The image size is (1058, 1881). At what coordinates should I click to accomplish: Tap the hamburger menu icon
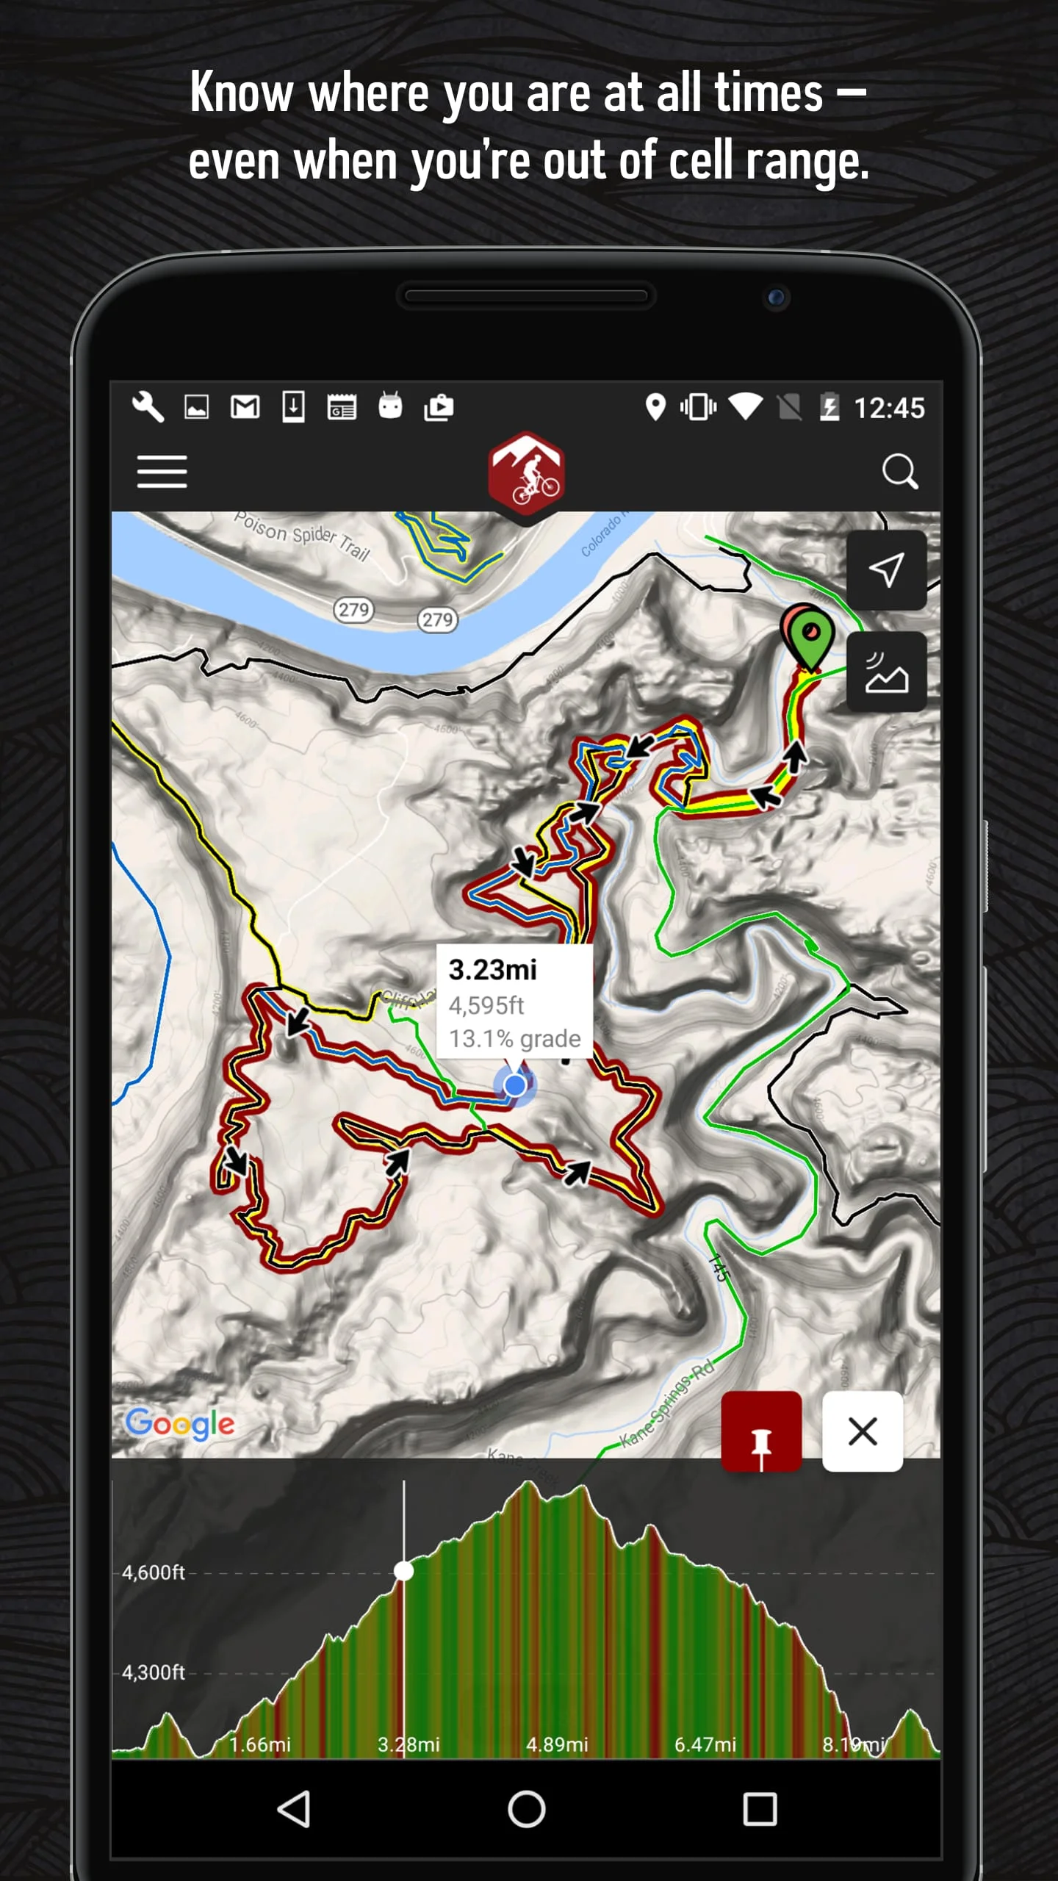click(x=162, y=471)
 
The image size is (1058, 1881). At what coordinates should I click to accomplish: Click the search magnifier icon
click(x=899, y=471)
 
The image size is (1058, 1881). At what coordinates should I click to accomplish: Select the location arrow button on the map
click(x=886, y=570)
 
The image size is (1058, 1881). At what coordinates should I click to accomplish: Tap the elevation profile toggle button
click(x=886, y=672)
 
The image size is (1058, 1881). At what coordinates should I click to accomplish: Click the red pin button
click(x=761, y=1431)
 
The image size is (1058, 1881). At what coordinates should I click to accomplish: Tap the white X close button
click(x=863, y=1431)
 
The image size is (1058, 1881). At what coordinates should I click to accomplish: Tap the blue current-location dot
click(x=515, y=1085)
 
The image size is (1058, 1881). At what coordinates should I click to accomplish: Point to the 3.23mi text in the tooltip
click(x=493, y=970)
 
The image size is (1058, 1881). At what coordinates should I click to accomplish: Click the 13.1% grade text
click(x=515, y=1039)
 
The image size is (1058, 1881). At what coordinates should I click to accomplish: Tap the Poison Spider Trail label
click(x=302, y=536)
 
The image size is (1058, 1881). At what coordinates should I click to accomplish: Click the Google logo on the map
click(x=180, y=1424)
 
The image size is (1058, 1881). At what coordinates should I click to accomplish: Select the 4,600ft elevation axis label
click(x=154, y=1572)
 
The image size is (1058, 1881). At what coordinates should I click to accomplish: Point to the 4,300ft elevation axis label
click(x=154, y=1672)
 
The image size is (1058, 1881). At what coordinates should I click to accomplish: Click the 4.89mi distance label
click(x=557, y=1744)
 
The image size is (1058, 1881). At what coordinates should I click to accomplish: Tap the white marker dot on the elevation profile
click(x=403, y=1571)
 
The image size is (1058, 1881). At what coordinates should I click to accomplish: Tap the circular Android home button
click(x=526, y=1809)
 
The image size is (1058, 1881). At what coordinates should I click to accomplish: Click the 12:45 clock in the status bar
click(x=889, y=409)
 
